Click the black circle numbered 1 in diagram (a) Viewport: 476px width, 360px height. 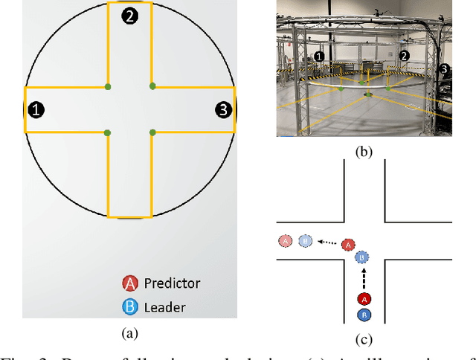coord(36,110)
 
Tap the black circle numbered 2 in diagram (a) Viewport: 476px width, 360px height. coord(129,16)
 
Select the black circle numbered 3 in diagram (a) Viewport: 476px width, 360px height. coord(223,110)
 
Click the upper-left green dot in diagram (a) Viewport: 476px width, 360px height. coord(108,87)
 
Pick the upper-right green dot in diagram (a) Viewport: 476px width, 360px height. coord(152,86)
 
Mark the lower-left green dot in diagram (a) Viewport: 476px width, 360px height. coord(108,132)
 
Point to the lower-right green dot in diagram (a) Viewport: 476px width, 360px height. coord(152,132)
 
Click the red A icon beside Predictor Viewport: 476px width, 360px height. coord(130,283)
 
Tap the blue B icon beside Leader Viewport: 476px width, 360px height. coord(130,306)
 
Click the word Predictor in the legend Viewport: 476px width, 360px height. coord(172,283)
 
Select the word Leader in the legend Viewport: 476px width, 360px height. coord(164,306)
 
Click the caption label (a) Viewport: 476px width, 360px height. coord(129,334)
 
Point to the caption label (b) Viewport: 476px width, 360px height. coord(364,152)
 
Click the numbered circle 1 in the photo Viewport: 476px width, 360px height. coord(319,56)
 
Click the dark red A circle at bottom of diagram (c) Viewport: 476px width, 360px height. coord(364,299)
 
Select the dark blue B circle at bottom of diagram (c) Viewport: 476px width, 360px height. coord(364,315)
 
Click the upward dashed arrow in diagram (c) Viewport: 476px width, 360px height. coord(364,278)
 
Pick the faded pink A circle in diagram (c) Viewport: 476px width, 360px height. coord(285,241)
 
